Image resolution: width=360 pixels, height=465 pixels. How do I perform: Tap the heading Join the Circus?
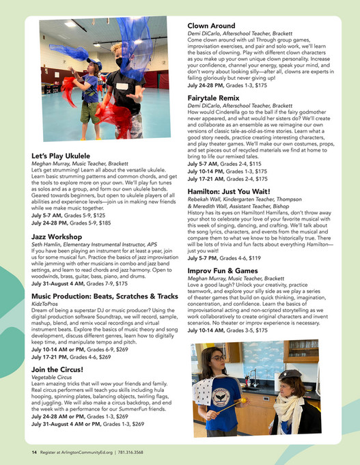pos(57,369)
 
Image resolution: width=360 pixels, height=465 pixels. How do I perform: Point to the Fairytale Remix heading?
pos(217,98)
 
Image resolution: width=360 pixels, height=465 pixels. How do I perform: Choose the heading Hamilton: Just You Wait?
pos(236,193)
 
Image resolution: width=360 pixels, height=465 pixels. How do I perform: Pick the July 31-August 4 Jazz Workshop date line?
pos(79,283)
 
